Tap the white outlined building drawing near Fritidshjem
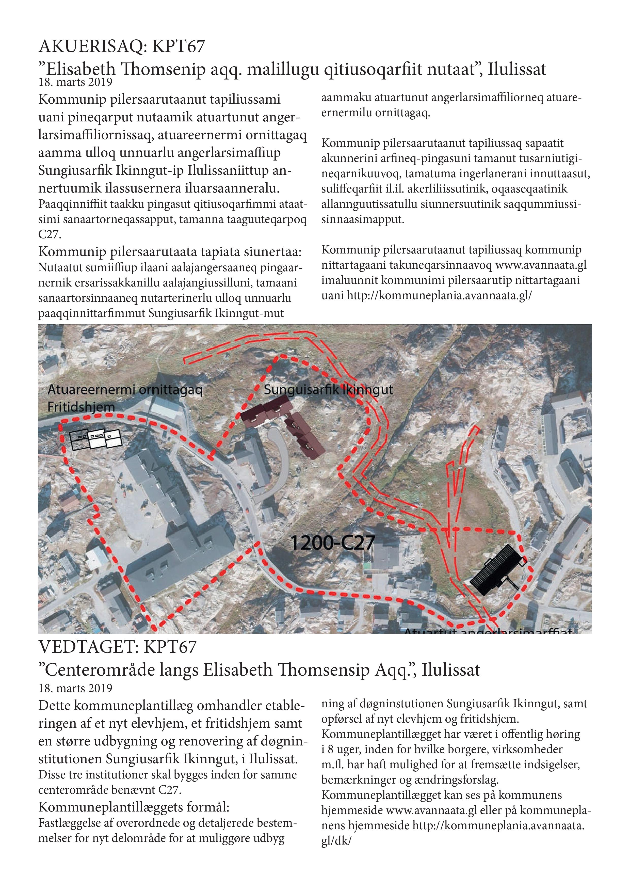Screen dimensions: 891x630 coord(96,438)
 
